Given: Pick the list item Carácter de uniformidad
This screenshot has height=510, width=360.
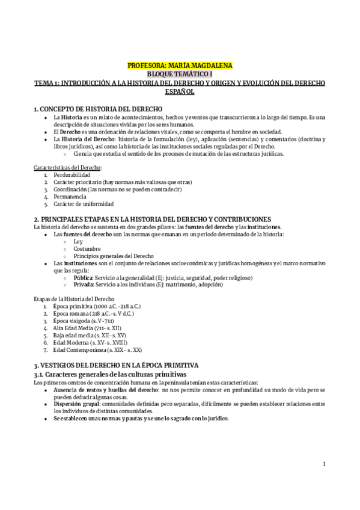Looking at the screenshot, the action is (x=84, y=204).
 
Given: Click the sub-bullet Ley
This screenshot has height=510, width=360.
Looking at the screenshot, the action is (x=78, y=240).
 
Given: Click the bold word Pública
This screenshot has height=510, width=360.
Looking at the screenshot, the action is (x=84, y=277).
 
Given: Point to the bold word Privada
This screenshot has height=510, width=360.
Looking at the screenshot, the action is (x=84, y=285).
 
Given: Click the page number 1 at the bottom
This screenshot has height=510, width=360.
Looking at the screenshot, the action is (x=323, y=463).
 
